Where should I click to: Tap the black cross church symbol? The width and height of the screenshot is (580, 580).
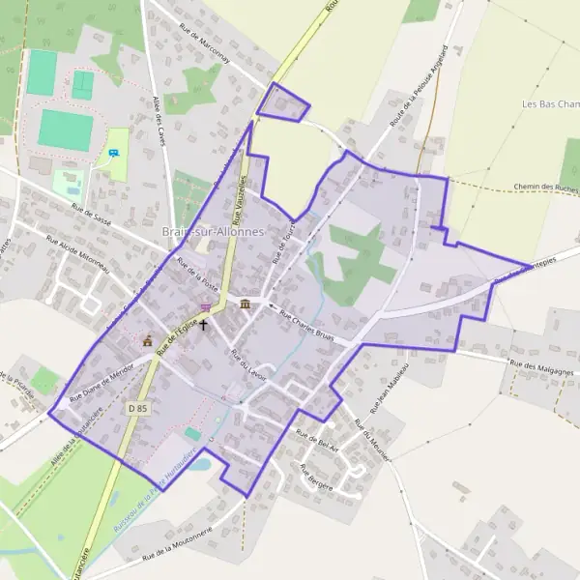click(203, 324)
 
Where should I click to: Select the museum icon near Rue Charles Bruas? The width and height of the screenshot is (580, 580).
click(245, 304)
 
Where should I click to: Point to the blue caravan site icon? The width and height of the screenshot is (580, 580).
click(115, 153)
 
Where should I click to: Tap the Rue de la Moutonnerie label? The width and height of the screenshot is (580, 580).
click(177, 548)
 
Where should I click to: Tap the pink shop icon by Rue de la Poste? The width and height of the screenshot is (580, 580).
click(205, 307)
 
